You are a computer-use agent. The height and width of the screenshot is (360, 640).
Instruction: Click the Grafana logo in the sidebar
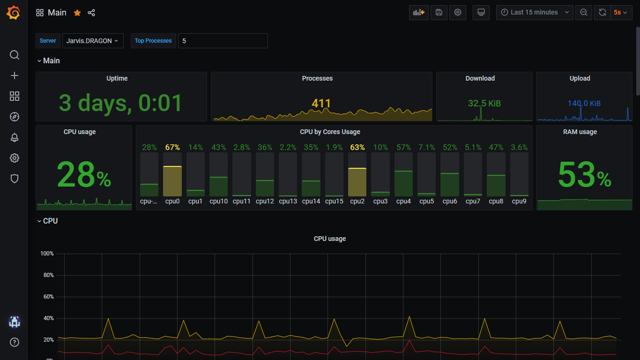(14, 13)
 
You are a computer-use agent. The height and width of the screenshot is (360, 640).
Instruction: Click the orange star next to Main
(77, 13)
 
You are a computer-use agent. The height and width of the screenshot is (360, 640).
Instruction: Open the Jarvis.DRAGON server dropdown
(92, 41)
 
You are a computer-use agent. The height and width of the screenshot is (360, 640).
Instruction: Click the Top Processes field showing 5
(223, 41)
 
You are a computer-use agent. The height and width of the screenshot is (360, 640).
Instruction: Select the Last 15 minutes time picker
(535, 13)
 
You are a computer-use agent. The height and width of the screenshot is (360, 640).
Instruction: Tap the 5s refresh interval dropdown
(621, 13)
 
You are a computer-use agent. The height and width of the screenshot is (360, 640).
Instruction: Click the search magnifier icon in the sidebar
(15, 55)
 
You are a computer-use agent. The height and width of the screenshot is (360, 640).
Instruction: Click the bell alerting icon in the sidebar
(15, 137)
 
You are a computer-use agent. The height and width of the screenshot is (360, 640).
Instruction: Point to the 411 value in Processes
(321, 104)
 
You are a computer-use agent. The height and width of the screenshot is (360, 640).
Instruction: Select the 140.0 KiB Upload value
(584, 104)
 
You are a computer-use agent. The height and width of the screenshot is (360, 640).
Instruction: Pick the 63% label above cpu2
(357, 147)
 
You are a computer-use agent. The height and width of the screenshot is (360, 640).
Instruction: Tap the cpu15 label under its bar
(334, 202)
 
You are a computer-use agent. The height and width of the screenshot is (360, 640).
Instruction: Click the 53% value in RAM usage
(584, 174)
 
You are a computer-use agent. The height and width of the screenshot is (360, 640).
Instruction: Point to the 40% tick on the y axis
(47, 318)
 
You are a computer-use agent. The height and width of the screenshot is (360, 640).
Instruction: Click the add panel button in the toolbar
(418, 13)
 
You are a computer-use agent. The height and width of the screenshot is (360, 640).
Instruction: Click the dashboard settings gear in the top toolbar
(458, 13)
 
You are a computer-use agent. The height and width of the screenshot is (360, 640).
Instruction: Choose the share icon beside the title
(91, 13)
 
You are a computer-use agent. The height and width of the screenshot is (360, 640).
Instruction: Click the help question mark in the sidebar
(15, 342)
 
